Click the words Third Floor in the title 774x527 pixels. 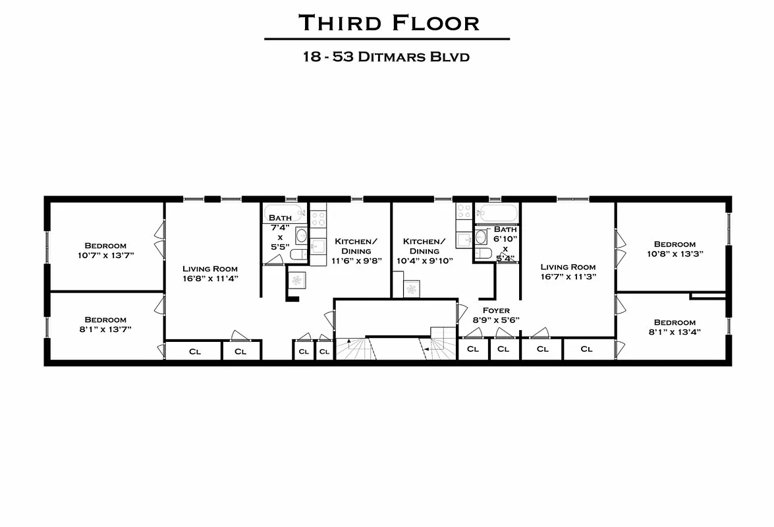tap(388, 23)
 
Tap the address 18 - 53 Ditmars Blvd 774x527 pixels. tap(386, 57)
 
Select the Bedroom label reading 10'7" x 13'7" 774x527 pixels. tap(105, 250)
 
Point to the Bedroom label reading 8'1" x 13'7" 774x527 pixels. tap(105, 324)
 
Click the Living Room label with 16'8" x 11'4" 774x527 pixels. tap(210, 273)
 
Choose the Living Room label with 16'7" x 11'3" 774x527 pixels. tap(568, 271)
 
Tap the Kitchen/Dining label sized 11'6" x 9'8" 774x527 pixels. tap(356, 251)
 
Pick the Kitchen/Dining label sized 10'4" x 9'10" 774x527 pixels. tap(424, 251)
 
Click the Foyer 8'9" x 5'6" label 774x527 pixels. tap(495, 315)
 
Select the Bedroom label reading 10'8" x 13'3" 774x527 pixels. tap(675, 248)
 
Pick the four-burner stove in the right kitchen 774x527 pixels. tap(464, 211)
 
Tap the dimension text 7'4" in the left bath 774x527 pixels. tap(280, 227)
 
